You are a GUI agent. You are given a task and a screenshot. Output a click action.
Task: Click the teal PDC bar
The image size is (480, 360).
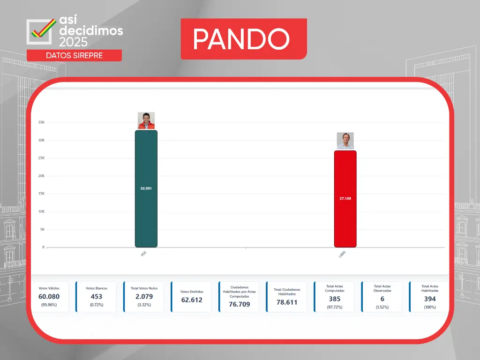(x=146, y=188)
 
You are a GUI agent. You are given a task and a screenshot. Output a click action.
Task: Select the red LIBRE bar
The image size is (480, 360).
(x=345, y=199)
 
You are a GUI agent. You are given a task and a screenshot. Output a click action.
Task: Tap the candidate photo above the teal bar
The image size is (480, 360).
(x=146, y=120)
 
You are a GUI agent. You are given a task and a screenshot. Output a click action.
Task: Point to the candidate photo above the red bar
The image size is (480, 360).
(x=345, y=141)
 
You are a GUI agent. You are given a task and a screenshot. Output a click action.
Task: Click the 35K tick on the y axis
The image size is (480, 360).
(x=41, y=122)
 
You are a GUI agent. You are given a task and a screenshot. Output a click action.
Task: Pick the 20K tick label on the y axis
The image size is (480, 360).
(x=41, y=176)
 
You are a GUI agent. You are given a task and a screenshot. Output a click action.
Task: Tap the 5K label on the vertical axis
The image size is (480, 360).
(x=42, y=229)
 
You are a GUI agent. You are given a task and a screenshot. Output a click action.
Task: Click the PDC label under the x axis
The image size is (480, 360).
(x=143, y=254)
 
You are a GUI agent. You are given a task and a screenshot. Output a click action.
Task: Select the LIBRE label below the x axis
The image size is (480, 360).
(x=342, y=255)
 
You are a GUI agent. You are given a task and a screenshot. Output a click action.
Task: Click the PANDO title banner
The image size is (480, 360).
(x=244, y=39)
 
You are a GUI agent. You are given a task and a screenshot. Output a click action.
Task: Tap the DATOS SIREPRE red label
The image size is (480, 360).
(x=75, y=55)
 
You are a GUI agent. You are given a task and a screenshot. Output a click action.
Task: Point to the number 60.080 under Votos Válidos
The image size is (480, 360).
(x=49, y=296)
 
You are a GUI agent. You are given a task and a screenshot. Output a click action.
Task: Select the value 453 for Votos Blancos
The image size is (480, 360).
(x=97, y=296)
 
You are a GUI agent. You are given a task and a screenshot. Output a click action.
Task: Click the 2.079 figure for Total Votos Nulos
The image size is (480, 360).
(x=144, y=296)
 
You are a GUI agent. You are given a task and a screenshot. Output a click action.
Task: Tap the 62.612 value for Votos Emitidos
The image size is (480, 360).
(x=192, y=300)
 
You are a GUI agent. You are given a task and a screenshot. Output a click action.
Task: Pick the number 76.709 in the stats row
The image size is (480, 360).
(x=240, y=304)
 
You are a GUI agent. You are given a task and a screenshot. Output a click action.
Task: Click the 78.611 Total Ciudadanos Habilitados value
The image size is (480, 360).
(x=287, y=302)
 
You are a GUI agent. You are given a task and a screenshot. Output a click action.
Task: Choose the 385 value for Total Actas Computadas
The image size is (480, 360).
(x=335, y=299)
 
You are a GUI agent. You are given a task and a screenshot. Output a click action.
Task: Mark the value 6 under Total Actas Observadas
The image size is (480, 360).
(x=382, y=299)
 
